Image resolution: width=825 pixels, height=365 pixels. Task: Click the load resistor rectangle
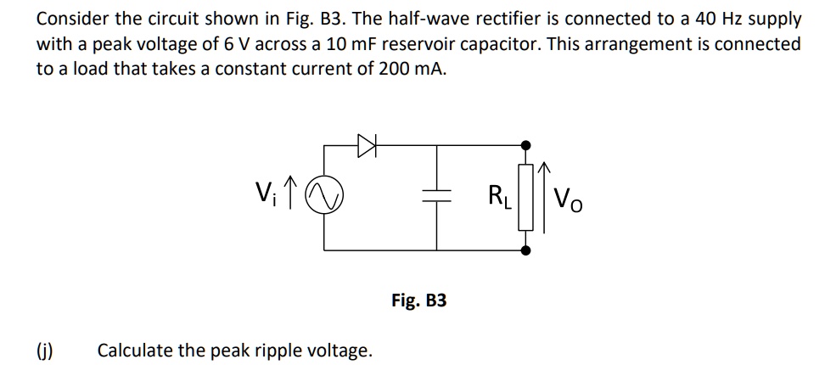point(526,199)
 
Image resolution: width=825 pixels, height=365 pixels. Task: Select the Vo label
point(568,201)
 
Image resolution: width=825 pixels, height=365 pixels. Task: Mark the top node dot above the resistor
point(526,145)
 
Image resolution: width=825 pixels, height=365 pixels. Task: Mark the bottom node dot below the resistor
point(526,251)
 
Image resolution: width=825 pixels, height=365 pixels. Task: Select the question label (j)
point(43,350)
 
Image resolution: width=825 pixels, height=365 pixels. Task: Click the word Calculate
point(135,350)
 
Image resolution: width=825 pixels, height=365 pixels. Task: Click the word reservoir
point(452,43)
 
